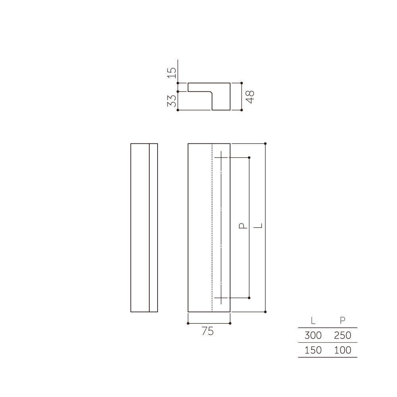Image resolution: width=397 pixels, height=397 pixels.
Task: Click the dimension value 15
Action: [x=172, y=72]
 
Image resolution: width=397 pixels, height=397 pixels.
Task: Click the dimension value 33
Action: [x=172, y=101]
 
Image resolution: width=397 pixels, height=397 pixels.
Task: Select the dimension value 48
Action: [x=250, y=96]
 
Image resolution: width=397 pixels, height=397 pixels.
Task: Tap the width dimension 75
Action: [x=208, y=331]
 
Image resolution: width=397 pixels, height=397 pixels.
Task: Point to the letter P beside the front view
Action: [x=242, y=226]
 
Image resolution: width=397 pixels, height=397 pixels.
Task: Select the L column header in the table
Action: [x=313, y=321]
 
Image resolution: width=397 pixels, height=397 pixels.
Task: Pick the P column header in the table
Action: [x=343, y=321]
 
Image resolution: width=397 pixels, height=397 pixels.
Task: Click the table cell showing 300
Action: [x=313, y=335]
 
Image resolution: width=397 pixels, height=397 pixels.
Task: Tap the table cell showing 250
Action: [x=343, y=335]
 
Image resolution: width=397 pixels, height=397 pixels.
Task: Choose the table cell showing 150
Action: [x=313, y=350]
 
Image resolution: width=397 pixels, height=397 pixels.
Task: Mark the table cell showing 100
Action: [x=343, y=350]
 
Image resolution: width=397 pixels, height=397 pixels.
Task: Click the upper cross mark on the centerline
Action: [x=221, y=158]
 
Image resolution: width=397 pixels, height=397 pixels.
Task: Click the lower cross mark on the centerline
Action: [x=221, y=297]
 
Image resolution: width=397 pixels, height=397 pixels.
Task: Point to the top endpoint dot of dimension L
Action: [x=265, y=143]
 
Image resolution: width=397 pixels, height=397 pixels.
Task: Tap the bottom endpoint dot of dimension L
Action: [x=265, y=312]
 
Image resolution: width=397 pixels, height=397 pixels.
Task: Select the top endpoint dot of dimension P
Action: [x=249, y=158]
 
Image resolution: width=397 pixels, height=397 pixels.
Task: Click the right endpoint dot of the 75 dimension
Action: [x=230, y=323]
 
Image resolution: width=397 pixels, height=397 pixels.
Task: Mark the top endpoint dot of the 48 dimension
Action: [x=242, y=83]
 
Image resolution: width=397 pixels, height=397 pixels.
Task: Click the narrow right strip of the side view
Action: [x=153, y=227]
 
